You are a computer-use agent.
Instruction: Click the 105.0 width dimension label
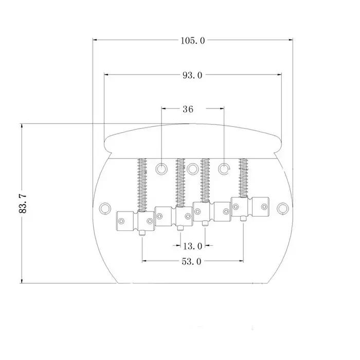[192, 41]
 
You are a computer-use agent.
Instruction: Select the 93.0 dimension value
[192, 75]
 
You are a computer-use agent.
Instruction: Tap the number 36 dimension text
[188, 109]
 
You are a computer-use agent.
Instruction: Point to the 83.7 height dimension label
[23, 204]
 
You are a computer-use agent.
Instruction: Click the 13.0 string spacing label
[193, 246]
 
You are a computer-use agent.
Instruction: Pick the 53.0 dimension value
[191, 261]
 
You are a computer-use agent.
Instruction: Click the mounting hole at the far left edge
[105, 208]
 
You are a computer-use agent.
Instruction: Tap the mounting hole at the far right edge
[283, 208]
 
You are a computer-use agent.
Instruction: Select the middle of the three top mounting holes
[193, 169]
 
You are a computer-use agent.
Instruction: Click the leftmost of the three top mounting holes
[161, 169]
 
